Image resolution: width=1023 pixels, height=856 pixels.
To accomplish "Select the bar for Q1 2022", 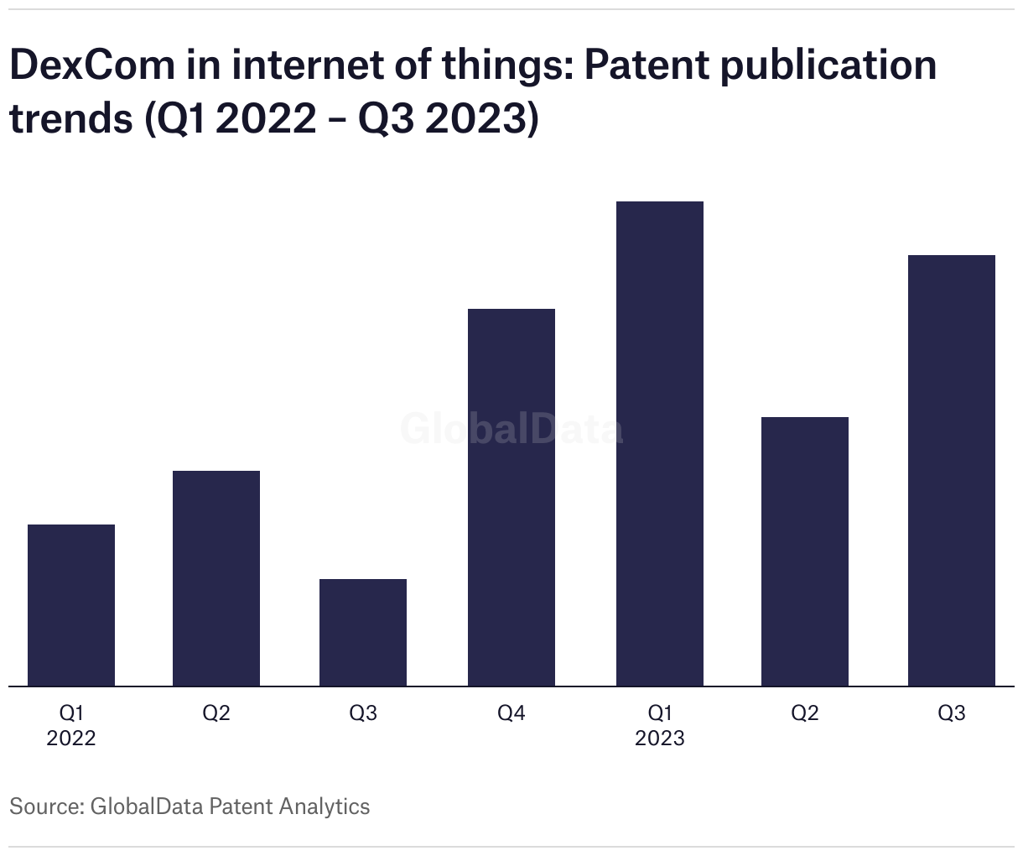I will [x=71, y=605].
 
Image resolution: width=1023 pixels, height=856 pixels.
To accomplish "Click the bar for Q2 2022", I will [x=216, y=578].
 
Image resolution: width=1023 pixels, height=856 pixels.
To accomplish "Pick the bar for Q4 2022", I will [x=511, y=497].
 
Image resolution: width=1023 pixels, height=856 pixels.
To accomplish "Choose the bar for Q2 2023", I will [x=805, y=551].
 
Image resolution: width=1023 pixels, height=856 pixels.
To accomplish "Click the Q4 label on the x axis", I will [x=511, y=713].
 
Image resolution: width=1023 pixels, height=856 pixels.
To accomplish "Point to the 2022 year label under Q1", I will [x=71, y=739].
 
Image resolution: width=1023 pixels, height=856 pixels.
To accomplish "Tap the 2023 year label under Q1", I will [x=660, y=739].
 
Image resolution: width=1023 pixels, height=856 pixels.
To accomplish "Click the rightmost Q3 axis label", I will [x=952, y=713].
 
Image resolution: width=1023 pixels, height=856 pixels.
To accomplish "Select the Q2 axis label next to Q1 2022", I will [x=216, y=713].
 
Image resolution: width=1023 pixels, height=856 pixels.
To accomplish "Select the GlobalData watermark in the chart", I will [x=511, y=429].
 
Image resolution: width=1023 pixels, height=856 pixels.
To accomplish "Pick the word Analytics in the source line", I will [x=324, y=806].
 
